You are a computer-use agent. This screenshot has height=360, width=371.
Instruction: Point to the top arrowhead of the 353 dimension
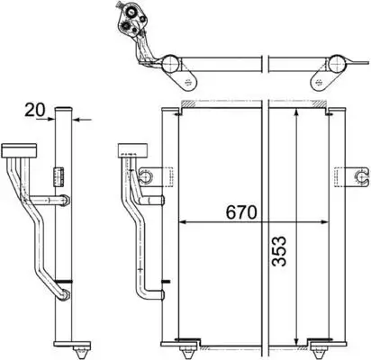296,112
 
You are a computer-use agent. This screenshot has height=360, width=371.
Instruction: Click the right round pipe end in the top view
334,65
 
